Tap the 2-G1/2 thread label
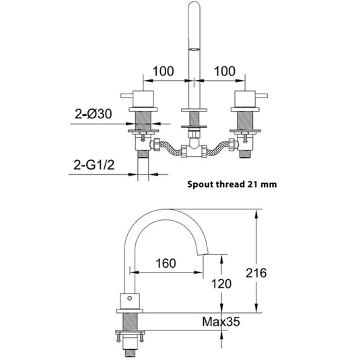click(94, 164)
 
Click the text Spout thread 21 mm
click(230, 182)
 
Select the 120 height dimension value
click(221, 284)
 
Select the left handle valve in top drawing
click(143, 101)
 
